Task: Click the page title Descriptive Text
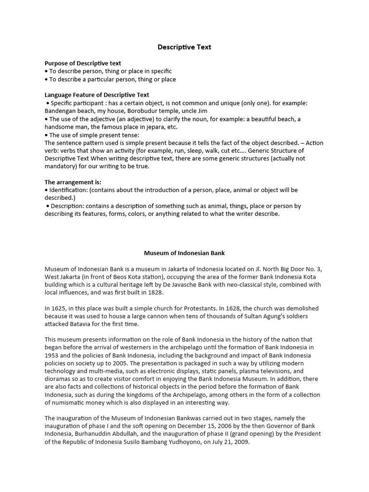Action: point(184,47)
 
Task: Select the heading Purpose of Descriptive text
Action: point(83,63)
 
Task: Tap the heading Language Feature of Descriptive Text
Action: point(97,95)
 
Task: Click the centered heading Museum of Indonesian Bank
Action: point(184,253)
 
